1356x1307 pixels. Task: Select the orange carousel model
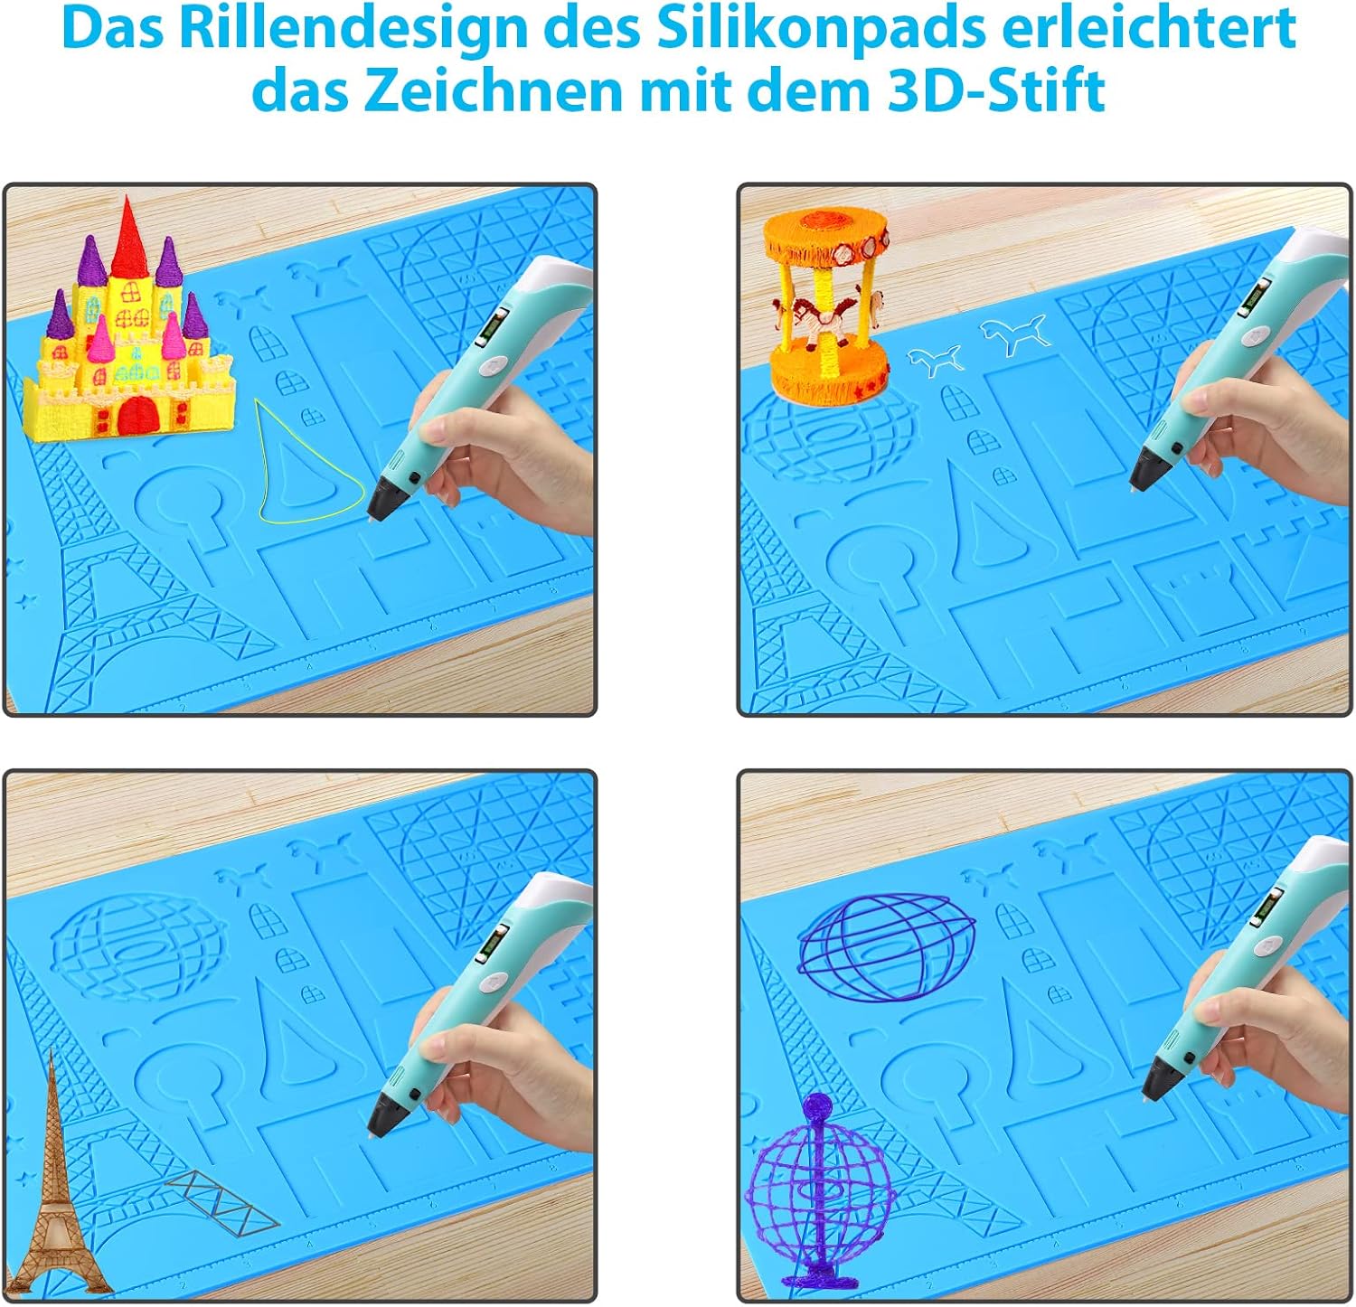point(825,307)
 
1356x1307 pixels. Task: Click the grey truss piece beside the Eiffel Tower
point(221,1202)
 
